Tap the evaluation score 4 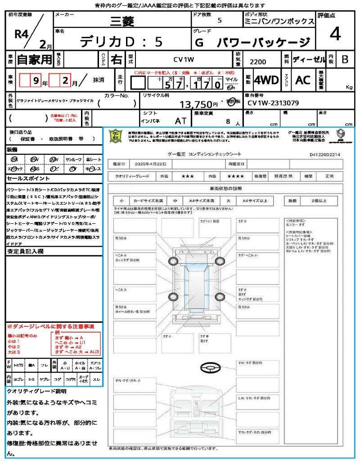[x=334, y=34]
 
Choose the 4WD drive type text [x=266, y=80]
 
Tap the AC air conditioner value [x=303, y=80]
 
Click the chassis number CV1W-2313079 [x=273, y=103]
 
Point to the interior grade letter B [x=345, y=59]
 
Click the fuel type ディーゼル [x=309, y=59]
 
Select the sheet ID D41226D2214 [x=325, y=154]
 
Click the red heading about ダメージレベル [x=50, y=326]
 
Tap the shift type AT [x=181, y=121]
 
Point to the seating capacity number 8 [x=229, y=121]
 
